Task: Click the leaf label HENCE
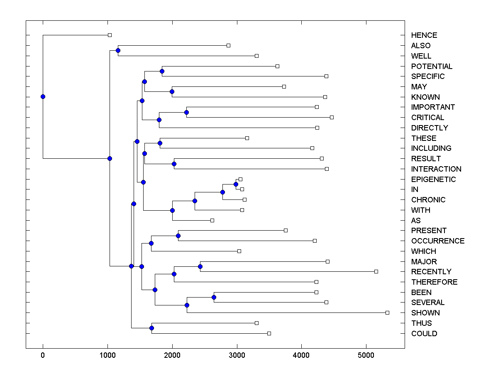(424, 35)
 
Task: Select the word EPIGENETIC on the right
(433, 180)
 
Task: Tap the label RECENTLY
(431, 272)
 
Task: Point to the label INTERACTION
(436, 169)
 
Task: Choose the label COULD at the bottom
(424, 334)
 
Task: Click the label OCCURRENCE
(438, 241)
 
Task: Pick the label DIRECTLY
(430, 128)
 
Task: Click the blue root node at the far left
(43, 97)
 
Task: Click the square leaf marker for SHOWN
(387, 312)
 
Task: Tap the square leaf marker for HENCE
(110, 35)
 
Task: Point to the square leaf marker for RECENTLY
(376, 271)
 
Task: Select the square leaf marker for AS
(212, 220)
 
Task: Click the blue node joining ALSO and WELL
(118, 51)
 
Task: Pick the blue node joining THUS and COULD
(151, 328)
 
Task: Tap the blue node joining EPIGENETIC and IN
(236, 184)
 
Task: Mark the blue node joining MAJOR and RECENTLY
(200, 266)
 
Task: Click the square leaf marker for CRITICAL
(332, 117)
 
